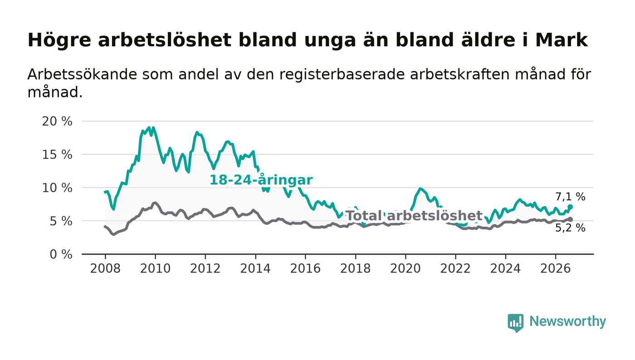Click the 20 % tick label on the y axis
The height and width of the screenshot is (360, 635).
(57, 122)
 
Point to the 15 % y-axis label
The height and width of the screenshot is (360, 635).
(57, 155)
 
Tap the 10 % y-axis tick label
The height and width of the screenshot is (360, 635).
(57, 188)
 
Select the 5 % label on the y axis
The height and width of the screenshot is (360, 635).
(61, 221)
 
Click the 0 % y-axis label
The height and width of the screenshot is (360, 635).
(61, 254)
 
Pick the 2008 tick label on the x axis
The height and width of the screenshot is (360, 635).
(105, 269)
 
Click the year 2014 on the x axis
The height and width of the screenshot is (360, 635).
(255, 269)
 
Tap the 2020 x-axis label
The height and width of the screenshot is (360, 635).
(405, 269)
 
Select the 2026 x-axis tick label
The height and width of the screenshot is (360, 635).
(555, 269)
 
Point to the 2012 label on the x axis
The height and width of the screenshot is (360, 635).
(205, 269)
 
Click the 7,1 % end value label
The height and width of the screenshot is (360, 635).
(570, 197)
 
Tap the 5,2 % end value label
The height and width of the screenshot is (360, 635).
(570, 228)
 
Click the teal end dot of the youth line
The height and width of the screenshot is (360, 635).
(570, 207)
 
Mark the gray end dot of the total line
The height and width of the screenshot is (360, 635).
(570, 219)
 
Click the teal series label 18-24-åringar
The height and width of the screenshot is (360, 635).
(261, 180)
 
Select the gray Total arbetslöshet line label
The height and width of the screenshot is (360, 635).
(414, 216)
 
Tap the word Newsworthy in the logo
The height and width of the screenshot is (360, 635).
(567, 321)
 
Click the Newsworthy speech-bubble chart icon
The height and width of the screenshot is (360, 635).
(516, 323)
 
